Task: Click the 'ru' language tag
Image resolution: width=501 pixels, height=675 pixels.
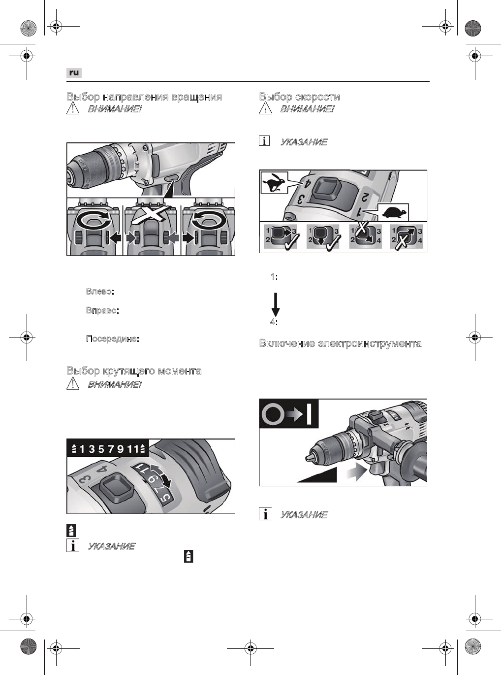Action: [x=74, y=72]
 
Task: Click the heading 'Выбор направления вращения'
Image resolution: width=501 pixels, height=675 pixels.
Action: [x=144, y=97]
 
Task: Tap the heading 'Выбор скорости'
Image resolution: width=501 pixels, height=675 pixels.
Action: [x=299, y=97]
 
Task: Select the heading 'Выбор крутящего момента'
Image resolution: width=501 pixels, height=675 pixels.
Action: [x=134, y=371]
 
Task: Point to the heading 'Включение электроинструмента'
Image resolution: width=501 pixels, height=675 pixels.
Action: [x=340, y=343]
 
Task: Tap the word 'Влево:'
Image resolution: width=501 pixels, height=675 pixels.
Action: [x=100, y=291]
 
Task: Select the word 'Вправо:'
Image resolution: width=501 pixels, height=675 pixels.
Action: [x=101, y=311]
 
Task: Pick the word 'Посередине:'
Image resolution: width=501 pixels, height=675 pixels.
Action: [x=112, y=339]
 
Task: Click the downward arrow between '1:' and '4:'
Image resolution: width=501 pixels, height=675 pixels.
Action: [x=276, y=304]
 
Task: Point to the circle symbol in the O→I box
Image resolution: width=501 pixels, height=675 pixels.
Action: [x=274, y=414]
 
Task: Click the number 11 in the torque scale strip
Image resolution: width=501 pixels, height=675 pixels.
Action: [x=132, y=448]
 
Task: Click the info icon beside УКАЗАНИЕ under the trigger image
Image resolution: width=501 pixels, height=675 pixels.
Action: [x=265, y=514]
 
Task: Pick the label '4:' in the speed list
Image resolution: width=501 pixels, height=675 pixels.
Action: [x=274, y=322]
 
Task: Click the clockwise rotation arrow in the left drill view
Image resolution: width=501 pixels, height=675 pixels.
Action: [x=94, y=220]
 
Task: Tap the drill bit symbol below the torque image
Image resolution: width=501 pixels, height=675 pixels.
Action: [x=71, y=531]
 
